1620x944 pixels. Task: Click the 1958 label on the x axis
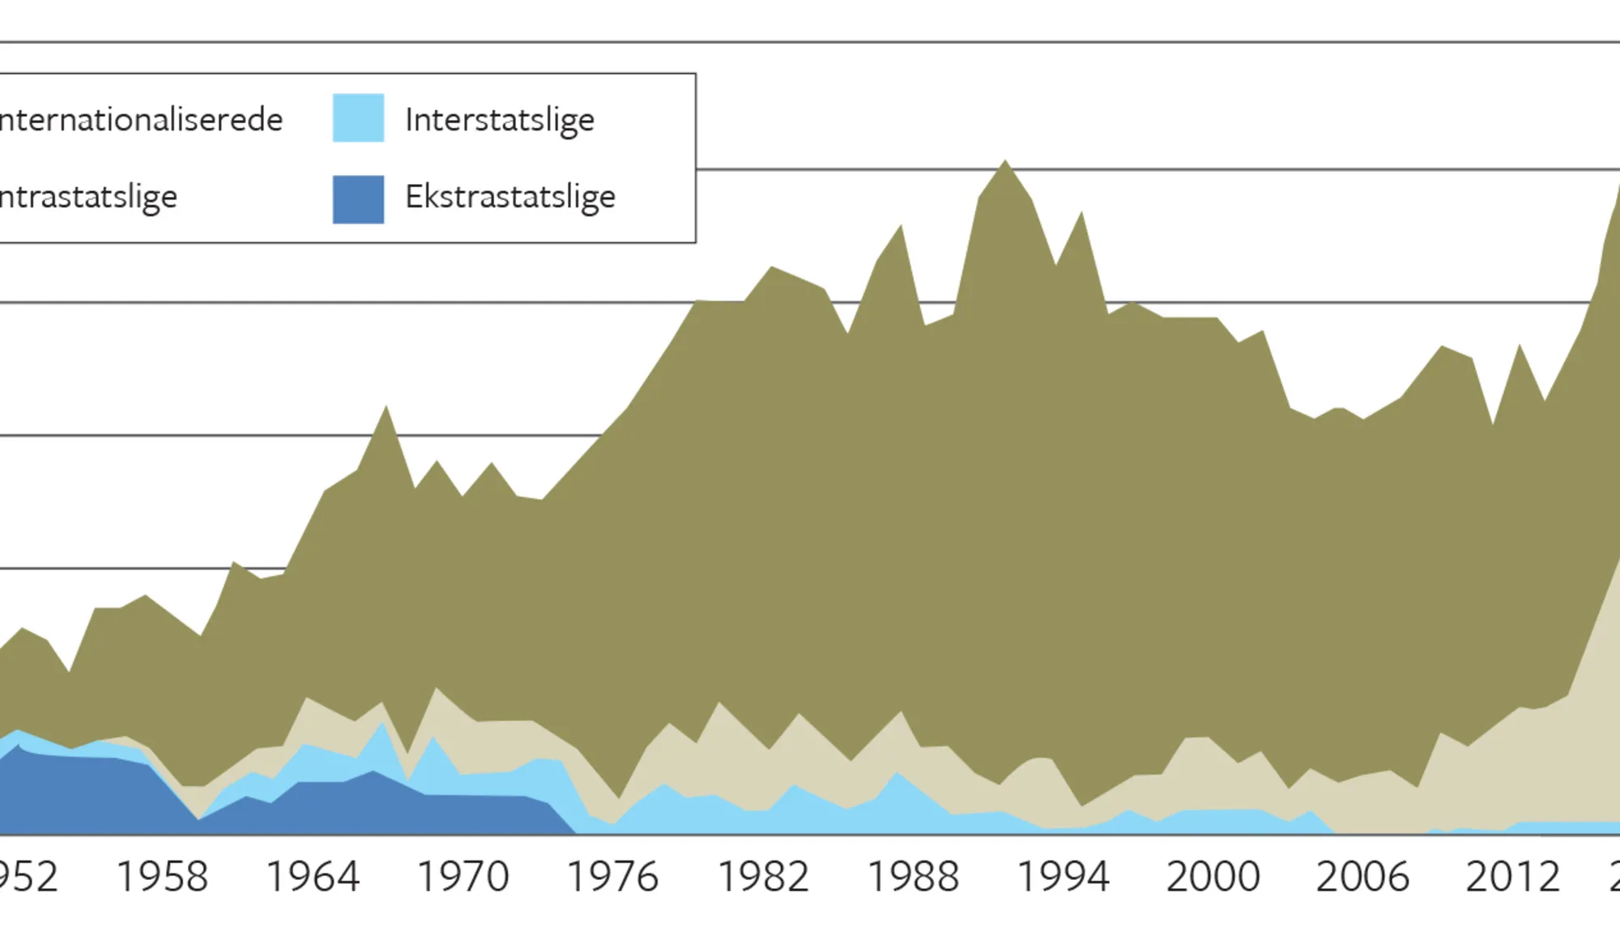click(x=162, y=877)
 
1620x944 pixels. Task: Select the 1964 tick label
click(x=313, y=877)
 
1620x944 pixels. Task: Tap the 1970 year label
click(x=463, y=877)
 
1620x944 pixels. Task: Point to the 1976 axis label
click(x=612, y=877)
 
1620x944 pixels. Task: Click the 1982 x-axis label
click(x=763, y=877)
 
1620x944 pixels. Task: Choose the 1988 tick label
click(x=913, y=877)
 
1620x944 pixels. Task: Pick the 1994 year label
click(x=1063, y=877)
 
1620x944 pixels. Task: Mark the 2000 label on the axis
click(x=1213, y=877)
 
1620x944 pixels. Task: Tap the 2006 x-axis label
click(x=1362, y=877)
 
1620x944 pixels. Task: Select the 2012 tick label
click(x=1512, y=877)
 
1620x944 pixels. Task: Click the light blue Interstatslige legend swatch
click(x=358, y=118)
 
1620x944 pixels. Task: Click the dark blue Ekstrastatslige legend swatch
click(x=358, y=199)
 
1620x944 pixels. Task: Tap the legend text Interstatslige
click(x=500, y=120)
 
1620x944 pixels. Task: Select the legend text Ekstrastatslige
click(x=510, y=197)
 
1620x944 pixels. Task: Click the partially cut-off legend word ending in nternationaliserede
click(x=141, y=120)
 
